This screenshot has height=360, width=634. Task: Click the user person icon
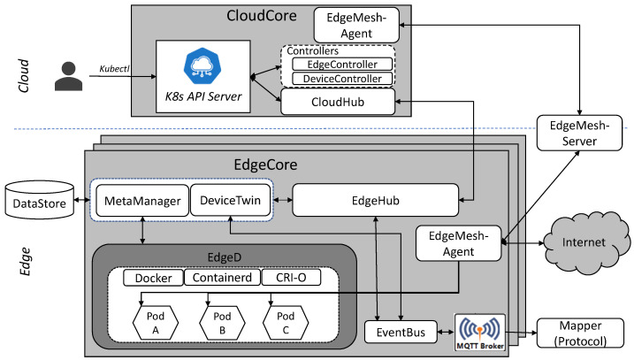69,76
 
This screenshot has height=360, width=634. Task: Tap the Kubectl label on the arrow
114,69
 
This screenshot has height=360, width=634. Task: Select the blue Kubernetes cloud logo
202,65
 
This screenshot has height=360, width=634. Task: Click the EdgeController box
342,65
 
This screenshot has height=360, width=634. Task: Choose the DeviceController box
342,79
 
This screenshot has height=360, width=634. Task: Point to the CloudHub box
338,102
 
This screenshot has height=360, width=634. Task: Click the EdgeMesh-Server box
579,133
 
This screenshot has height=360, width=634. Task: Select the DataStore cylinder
40,200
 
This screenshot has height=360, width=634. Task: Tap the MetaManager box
142,201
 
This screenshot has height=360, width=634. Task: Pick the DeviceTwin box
230,200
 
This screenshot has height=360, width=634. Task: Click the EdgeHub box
375,200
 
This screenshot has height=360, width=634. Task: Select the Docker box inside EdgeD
153,278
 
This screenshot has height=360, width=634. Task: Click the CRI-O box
291,278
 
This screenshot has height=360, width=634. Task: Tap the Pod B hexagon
222,323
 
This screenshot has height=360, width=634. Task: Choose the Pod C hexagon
286,323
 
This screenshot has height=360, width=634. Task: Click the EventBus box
401,332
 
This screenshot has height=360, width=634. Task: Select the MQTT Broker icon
480,333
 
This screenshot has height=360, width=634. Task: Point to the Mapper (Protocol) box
580,333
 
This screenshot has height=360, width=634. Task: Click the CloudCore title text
261,16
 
